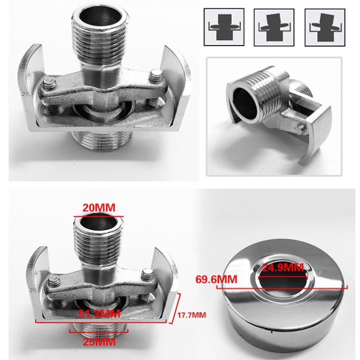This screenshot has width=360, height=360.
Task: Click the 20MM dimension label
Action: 99,208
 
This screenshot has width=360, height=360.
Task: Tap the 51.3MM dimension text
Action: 99,314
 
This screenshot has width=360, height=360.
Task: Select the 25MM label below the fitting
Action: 99,342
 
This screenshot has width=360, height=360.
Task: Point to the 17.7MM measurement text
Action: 192,315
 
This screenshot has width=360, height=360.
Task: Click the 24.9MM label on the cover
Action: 283,268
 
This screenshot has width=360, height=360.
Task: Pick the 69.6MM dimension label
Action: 217,280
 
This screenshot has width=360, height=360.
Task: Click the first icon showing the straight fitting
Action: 224,27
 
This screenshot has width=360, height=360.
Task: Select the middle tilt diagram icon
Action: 274,27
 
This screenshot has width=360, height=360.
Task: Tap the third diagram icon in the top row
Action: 325,27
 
